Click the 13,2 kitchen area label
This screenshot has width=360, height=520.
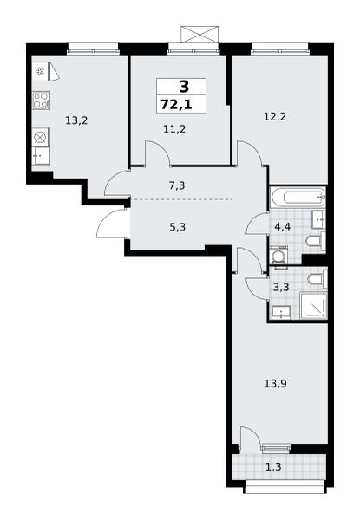[76, 120]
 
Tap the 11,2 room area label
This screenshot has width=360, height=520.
[174, 128]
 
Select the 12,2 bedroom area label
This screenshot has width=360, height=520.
[275, 117]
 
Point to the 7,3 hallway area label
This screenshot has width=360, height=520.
[177, 185]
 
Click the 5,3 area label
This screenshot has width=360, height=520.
[178, 227]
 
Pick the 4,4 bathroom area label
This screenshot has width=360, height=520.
[283, 227]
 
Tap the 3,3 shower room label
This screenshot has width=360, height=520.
[281, 287]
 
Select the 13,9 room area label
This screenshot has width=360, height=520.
[275, 384]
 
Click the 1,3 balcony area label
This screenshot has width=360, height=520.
[273, 467]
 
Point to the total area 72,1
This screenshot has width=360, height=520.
[176, 105]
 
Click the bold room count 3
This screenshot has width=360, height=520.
[184, 87]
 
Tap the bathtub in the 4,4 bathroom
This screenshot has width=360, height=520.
[298, 198]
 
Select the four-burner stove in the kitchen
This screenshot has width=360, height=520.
[41, 101]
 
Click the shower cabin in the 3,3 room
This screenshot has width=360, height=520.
[313, 305]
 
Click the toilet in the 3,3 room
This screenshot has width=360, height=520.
[317, 279]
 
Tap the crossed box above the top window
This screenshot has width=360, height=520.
[200, 34]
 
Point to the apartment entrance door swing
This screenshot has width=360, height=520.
[112, 224]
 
